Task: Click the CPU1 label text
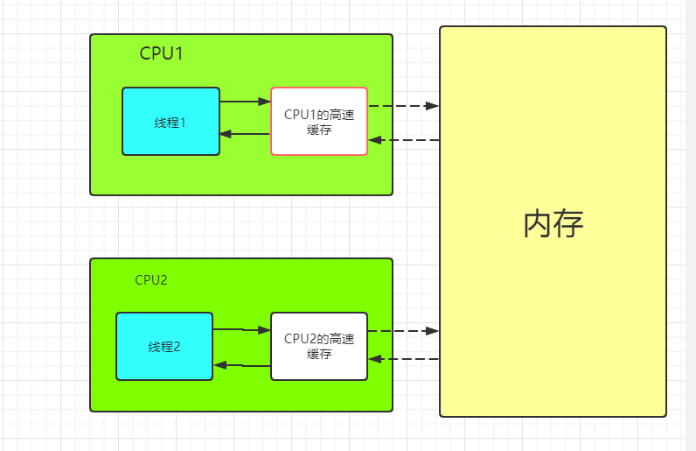point(161,53)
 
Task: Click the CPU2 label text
point(150,280)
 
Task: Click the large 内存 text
point(553,224)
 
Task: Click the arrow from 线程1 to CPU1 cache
point(245,102)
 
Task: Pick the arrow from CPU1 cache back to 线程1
point(245,134)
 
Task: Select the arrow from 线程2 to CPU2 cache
point(241,330)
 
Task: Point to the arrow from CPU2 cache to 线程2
point(241,364)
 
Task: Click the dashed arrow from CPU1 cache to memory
point(402,106)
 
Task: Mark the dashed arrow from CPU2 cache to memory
point(402,331)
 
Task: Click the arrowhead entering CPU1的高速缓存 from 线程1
point(265,102)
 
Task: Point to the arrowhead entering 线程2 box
point(219,364)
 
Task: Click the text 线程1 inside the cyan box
point(171,123)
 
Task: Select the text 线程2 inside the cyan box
point(164,347)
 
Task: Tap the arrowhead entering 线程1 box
point(226,134)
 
